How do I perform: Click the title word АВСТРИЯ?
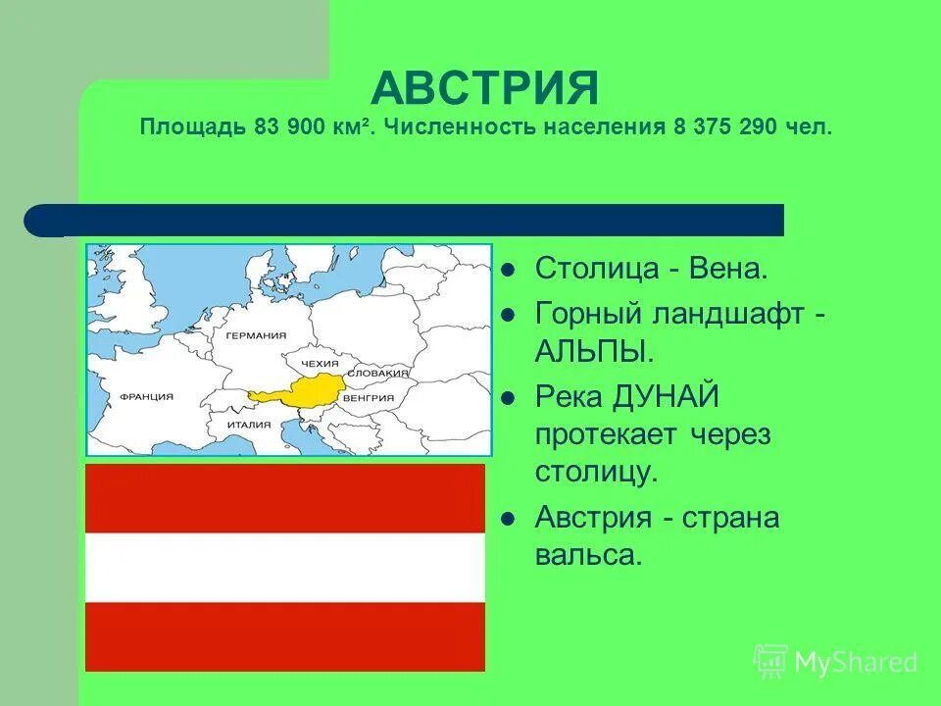pyautogui.click(x=484, y=89)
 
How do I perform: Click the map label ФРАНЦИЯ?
pyautogui.click(x=146, y=397)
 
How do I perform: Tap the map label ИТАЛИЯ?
pyautogui.click(x=248, y=426)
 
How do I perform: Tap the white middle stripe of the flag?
pyautogui.click(x=285, y=568)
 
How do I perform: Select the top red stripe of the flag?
pyautogui.click(x=285, y=498)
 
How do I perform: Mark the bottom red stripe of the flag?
pyautogui.click(x=285, y=636)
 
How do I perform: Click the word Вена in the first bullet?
pyautogui.click(x=728, y=268)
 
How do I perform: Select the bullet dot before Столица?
pyautogui.click(x=507, y=269)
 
